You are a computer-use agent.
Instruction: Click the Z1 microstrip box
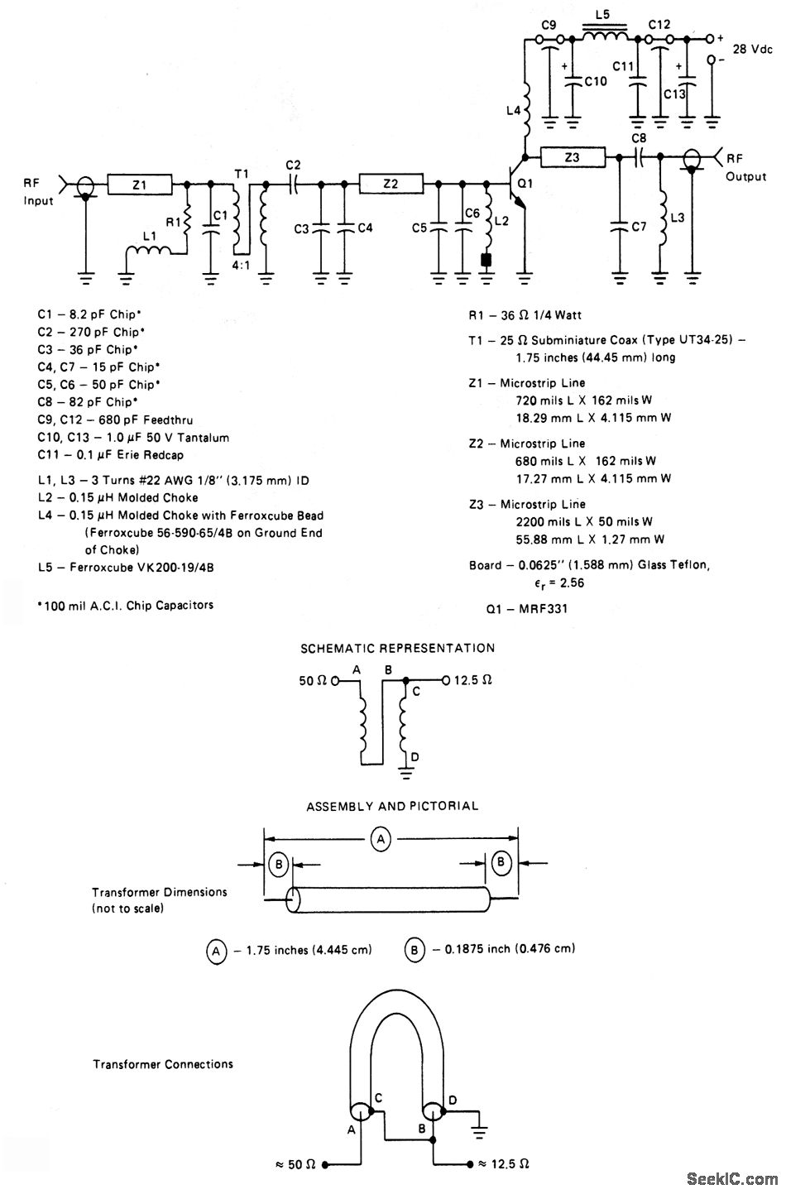pyautogui.click(x=139, y=185)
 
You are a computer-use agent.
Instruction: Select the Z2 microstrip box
pyautogui.click(x=391, y=185)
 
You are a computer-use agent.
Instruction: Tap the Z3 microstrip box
pyautogui.click(x=572, y=156)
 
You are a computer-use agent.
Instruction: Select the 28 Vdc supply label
pyautogui.click(x=752, y=50)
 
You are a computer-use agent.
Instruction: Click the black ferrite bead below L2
pyautogui.click(x=486, y=260)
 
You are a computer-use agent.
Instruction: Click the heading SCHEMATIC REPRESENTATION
pyautogui.click(x=397, y=648)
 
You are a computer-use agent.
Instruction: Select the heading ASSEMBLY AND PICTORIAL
pyautogui.click(x=392, y=805)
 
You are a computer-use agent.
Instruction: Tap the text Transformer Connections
pyautogui.click(x=162, y=1064)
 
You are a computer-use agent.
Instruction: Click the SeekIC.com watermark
pyautogui.click(x=731, y=1177)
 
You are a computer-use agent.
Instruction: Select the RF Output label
pyautogui.click(x=745, y=167)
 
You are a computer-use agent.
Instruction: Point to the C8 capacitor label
pyautogui.click(x=639, y=137)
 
